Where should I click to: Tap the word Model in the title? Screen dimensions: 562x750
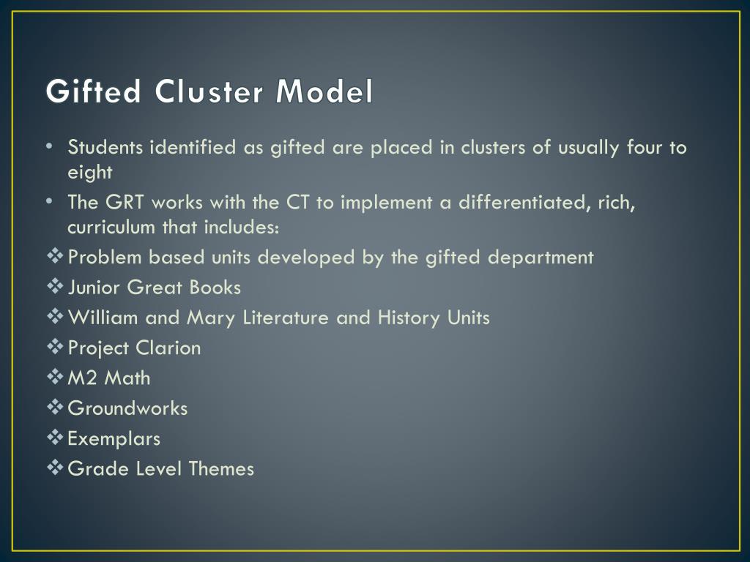coord(324,92)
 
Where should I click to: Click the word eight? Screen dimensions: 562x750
coord(89,173)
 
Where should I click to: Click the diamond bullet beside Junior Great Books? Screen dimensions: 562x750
coord(55,287)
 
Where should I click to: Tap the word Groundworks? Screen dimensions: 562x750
coord(127,408)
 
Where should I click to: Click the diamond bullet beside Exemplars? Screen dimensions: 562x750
coord(55,438)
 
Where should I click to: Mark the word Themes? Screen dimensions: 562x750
coord(221,469)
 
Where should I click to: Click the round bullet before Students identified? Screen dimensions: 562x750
coord(48,146)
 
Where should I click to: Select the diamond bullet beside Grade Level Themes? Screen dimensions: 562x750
coord(55,468)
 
